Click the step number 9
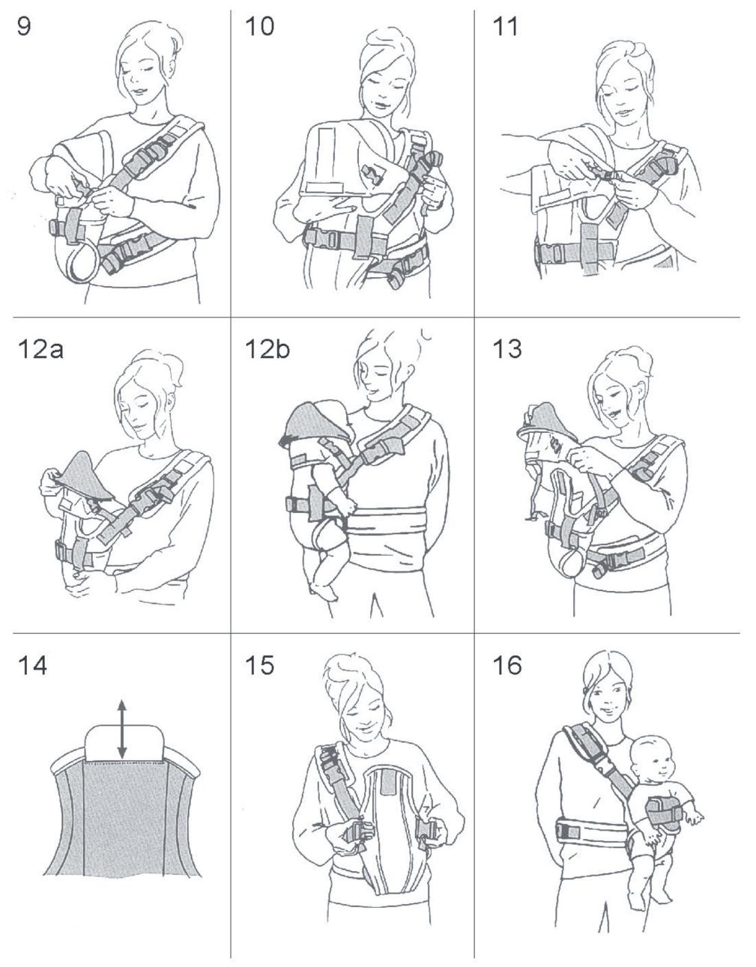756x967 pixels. pyautogui.click(x=24, y=26)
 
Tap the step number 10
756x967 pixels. pyautogui.click(x=260, y=26)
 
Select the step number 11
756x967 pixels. pyautogui.click(x=506, y=26)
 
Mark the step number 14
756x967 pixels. pyautogui.click(x=32, y=666)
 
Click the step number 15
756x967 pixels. pyautogui.click(x=260, y=666)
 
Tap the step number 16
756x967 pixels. pyautogui.click(x=507, y=666)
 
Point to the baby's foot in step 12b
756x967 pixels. pyautogui.click(x=324, y=590)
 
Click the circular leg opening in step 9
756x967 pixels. pyautogui.click(x=84, y=264)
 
